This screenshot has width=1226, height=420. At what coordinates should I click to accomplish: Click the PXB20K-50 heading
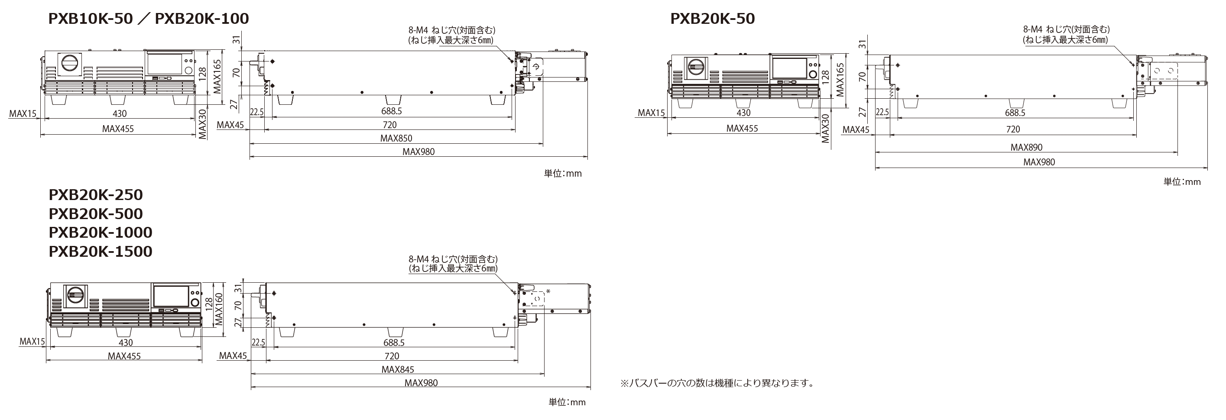pos(713,19)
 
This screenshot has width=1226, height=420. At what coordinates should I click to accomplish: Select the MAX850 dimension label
pos(396,139)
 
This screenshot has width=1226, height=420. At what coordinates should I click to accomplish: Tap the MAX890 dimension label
pos(1027,148)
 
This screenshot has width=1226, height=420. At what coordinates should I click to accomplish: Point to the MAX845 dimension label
pos(398,369)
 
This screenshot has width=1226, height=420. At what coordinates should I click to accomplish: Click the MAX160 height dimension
pos(219,309)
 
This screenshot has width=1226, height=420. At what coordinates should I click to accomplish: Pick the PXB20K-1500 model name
pos(101,251)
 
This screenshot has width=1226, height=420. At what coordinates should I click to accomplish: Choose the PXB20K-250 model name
pos(96,194)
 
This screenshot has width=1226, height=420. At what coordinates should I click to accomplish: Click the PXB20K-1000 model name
pos(101,232)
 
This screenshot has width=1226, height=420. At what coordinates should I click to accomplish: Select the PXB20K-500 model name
pos(96,213)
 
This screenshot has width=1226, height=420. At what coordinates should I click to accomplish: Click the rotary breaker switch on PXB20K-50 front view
pos(695,69)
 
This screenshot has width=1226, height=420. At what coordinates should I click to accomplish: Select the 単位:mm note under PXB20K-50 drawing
pos(1182,182)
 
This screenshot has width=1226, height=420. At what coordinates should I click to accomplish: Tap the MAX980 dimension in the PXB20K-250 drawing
pos(421,383)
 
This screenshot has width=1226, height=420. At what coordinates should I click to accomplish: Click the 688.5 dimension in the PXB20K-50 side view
pos(1015,113)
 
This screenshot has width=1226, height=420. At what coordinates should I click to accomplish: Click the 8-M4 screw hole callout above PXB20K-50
pos(1066,35)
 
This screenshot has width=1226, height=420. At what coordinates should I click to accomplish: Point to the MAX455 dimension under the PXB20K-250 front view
pos(124,356)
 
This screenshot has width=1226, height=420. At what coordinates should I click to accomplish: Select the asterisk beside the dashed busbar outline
pos(548,291)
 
